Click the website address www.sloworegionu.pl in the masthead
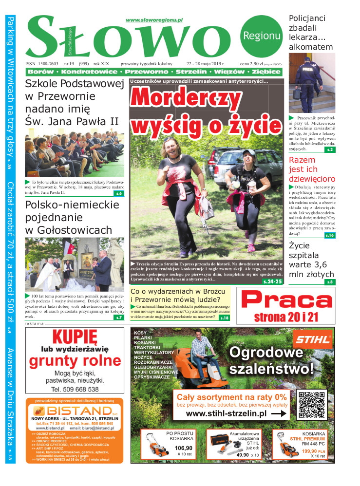click(154, 20)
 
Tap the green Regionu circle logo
click(262, 35)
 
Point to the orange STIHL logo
click(313, 337)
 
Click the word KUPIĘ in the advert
click(75, 337)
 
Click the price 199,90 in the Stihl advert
click(309, 451)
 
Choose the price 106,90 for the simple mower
click(183, 448)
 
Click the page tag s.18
click(224, 318)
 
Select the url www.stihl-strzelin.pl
click(226, 413)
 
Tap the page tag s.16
click(330, 235)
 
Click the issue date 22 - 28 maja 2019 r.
click(205, 64)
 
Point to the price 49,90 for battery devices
click(242, 455)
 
